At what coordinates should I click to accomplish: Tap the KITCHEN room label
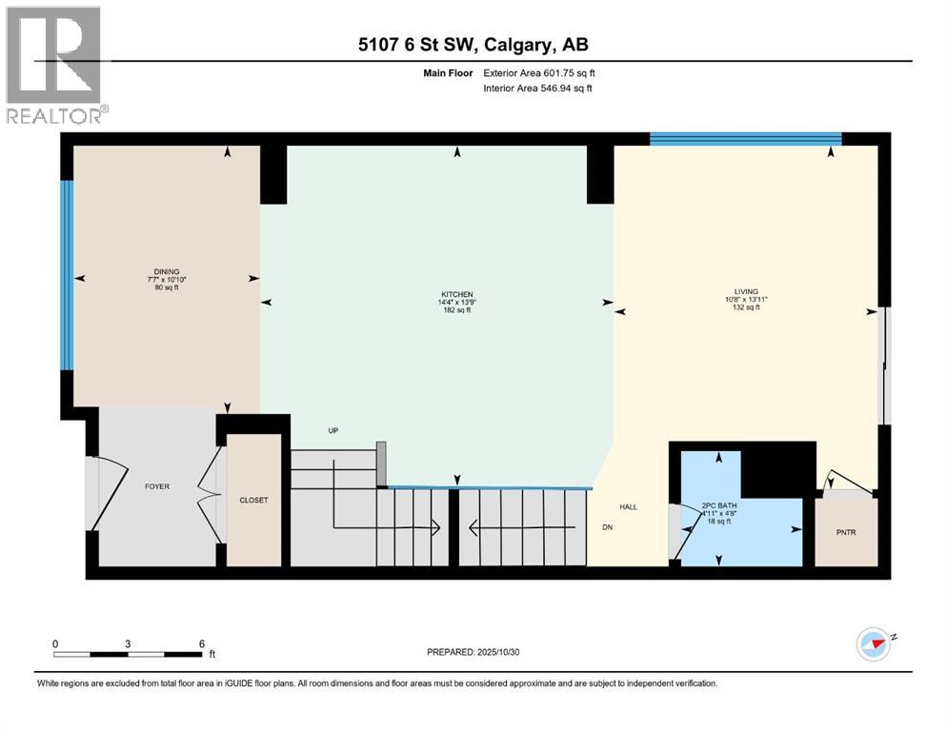pyautogui.click(x=456, y=294)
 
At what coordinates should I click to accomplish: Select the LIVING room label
pyautogui.click(x=746, y=291)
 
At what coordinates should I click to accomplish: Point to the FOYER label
pyautogui.click(x=157, y=486)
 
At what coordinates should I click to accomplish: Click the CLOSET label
pyautogui.click(x=254, y=500)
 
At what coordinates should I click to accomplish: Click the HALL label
pyautogui.click(x=628, y=506)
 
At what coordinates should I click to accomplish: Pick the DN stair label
pyautogui.click(x=607, y=526)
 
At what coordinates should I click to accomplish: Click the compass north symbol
pyautogui.click(x=875, y=644)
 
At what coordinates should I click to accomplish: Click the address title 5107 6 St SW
pyautogui.click(x=472, y=45)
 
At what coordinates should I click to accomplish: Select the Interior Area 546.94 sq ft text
pyautogui.click(x=537, y=89)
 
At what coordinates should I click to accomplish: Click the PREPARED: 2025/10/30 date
pyautogui.click(x=473, y=652)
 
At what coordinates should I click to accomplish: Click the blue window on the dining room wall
pyautogui.click(x=67, y=275)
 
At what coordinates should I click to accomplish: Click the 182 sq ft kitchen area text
pyautogui.click(x=456, y=310)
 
